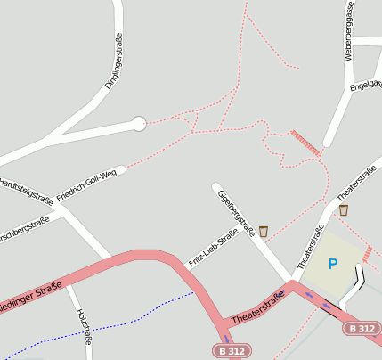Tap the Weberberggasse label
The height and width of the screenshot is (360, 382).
[350, 31]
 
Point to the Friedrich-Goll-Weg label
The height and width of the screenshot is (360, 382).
[86, 184]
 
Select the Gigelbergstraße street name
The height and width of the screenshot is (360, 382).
[236, 214]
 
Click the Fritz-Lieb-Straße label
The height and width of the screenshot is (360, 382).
[213, 248]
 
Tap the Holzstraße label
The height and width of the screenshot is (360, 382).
[85, 327]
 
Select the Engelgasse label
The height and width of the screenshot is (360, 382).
[366, 86]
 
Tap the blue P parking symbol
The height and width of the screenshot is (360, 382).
[333, 264]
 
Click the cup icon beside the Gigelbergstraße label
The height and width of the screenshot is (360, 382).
[263, 231]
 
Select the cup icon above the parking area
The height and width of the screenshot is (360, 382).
[344, 210]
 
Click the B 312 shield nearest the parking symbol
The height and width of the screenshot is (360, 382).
[360, 328]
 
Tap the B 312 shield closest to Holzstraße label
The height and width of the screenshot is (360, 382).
[231, 351]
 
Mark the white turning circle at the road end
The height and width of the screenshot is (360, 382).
[138, 124]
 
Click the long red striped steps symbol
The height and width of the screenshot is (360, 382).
[305, 143]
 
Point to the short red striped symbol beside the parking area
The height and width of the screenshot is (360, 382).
[367, 254]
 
